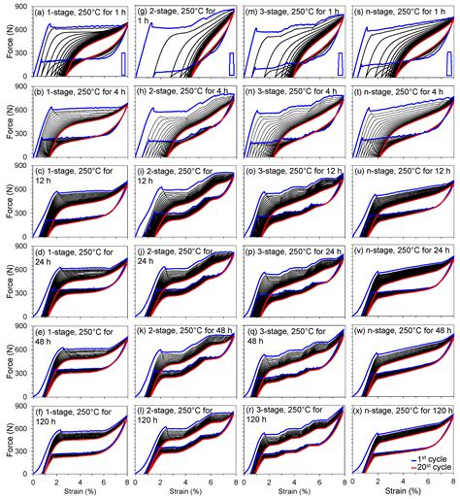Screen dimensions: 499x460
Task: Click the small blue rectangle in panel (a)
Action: (x=121, y=62)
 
